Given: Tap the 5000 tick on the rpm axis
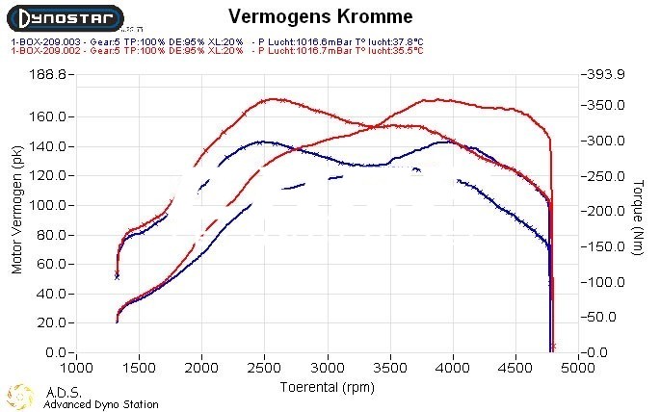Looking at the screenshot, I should tap(577, 368).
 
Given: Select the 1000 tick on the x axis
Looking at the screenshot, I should tap(76, 368).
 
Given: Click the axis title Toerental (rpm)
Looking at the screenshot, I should tap(327, 386).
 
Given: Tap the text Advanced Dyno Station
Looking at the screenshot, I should tap(101, 404).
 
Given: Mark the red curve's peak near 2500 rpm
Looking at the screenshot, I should tap(273, 98).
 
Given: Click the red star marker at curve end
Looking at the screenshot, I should tap(553, 346).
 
